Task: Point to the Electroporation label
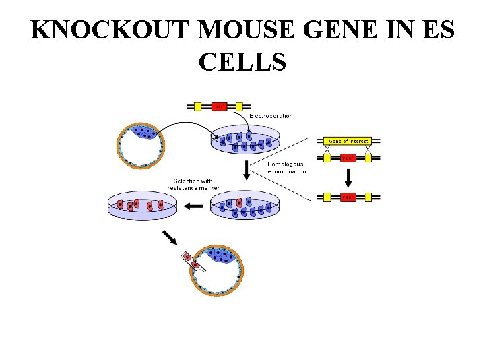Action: point(271,116)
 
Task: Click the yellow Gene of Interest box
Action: point(347,141)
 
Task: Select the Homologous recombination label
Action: point(286,167)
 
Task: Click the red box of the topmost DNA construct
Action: point(219,106)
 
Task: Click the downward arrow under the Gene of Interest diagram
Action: point(347,177)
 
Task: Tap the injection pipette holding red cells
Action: point(191,262)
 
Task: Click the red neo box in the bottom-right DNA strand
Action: point(347,198)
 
